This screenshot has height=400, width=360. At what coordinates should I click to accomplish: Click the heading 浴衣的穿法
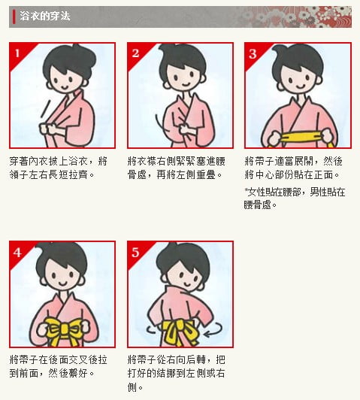44,16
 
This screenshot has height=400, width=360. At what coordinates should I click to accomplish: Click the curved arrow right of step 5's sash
213,329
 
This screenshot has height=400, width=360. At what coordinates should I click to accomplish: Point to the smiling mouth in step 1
64,88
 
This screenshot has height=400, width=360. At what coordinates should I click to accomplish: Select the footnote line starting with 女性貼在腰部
295,192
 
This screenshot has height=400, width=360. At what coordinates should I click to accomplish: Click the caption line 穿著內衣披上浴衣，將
59,161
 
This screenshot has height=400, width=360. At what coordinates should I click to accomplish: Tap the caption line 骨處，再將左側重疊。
175,174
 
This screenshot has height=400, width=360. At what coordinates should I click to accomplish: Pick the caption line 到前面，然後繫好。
53,373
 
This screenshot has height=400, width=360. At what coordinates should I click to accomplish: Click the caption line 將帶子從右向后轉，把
176,359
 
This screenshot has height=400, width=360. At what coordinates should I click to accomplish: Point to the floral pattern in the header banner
296,17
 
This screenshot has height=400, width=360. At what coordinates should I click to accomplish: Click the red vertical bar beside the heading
14,17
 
